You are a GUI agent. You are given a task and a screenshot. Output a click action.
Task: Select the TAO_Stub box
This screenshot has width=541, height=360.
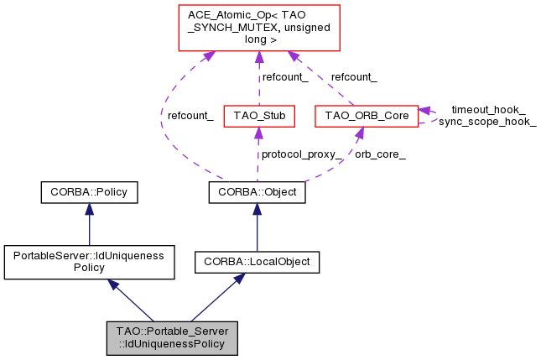[259, 115]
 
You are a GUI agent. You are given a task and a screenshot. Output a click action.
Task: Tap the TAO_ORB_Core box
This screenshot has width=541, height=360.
[365, 115]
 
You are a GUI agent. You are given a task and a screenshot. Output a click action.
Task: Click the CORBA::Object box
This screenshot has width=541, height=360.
[257, 193]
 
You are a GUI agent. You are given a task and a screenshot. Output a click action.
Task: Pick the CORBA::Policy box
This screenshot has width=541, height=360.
[89, 193]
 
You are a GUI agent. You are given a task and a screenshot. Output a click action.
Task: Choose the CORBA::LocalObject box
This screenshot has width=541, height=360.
[257, 262]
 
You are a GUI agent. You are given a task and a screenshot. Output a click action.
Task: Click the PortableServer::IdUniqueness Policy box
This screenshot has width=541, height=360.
[89, 262]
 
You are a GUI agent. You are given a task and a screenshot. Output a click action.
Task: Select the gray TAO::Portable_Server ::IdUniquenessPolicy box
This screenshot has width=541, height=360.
[172, 337]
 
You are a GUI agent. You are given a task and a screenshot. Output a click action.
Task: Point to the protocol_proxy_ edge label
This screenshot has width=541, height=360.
[301, 154]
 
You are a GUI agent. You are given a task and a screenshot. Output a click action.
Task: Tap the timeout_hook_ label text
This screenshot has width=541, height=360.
[488, 110]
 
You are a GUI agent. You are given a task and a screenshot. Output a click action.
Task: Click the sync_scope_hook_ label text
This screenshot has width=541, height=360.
[487, 122]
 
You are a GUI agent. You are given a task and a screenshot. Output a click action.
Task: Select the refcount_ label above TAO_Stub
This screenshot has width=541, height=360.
[285, 77]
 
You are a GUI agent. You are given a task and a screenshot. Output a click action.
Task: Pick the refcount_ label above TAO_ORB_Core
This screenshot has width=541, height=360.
[354, 77]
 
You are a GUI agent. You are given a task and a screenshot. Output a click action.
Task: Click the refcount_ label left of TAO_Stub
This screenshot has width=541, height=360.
[190, 116]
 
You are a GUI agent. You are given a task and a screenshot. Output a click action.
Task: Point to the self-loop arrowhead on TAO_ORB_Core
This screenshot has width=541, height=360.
[425, 111]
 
